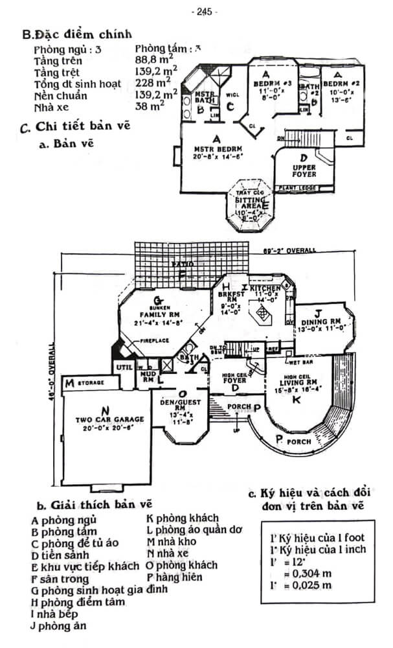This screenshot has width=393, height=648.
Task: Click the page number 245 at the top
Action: tap(205, 11)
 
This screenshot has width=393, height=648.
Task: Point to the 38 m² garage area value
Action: tap(150, 107)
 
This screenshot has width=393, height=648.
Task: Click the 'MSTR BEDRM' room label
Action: tap(216, 148)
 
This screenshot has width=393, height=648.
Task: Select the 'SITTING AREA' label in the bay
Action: tap(249, 203)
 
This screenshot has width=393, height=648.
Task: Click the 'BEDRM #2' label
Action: tap(341, 84)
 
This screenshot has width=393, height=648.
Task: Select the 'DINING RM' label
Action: tap(322, 321)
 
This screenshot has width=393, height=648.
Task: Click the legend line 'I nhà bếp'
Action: tap(54, 613)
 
